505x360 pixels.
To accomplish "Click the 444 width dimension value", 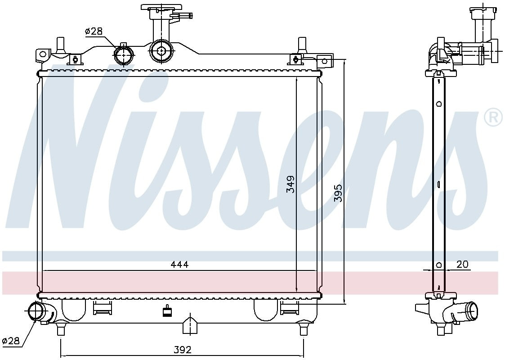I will point(179,265).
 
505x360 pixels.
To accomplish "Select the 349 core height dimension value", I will point(291,184).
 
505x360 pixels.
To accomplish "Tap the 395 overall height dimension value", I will point(338,193).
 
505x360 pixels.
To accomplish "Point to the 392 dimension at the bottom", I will point(182,349).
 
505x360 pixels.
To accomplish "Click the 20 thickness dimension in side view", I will point(462,265).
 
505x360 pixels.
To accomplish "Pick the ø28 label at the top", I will point(94,31).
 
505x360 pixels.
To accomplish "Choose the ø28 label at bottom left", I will point(11,341).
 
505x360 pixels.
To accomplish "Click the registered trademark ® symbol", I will point(493,117).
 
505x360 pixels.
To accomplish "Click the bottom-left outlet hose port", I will point(37,311).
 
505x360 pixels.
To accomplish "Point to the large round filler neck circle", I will point(161,50).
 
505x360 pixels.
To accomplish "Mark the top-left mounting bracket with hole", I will point(43,54).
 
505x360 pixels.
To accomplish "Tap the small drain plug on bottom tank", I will point(168,311).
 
